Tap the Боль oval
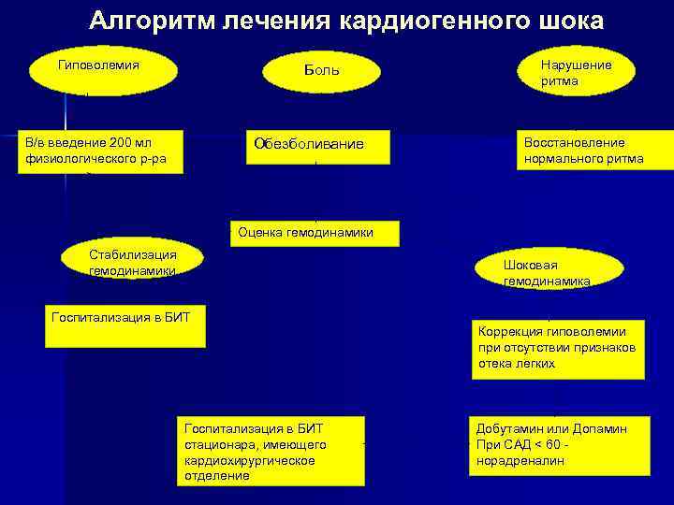click(x=322, y=71)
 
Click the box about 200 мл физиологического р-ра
click(x=102, y=151)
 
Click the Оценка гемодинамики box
click(x=315, y=233)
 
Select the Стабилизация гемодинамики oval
click(x=132, y=261)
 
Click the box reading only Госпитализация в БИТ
click(x=125, y=325)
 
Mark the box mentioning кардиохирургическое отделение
click(x=271, y=449)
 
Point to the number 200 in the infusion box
click(x=122, y=142)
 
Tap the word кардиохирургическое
click(x=250, y=461)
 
